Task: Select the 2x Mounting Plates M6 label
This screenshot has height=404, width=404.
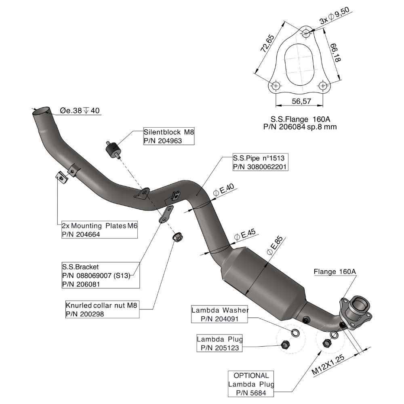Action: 99,226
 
